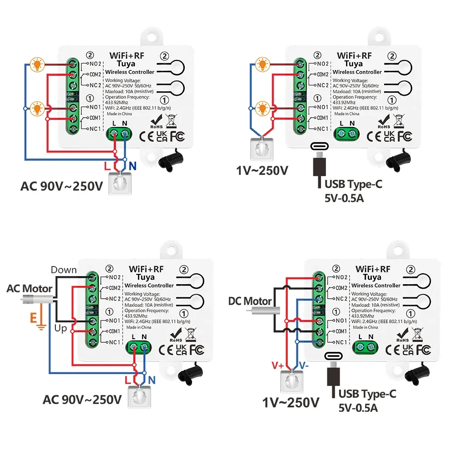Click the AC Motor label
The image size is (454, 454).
coord(30,288)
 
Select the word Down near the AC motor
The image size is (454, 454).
coord(64,270)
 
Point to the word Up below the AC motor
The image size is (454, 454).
coord(59,328)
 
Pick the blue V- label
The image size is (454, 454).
coord(304,365)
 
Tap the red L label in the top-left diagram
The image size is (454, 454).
coord(107,166)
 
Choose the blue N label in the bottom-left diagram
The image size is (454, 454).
coord(152,380)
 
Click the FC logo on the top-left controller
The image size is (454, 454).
coord(178,135)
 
